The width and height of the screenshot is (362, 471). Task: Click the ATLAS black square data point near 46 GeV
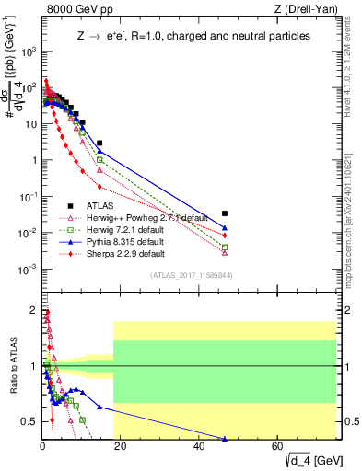pyautogui.click(x=225, y=213)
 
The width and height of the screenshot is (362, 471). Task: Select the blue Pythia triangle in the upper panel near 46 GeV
pyautogui.click(x=225, y=228)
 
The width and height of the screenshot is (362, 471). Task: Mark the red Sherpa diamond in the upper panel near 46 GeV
pyautogui.click(x=225, y=235)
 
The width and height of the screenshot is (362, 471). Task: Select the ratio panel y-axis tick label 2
pyautogui.click(x=34, y=310)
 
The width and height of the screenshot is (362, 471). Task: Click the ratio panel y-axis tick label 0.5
pyautogui.click(x=30, y=422)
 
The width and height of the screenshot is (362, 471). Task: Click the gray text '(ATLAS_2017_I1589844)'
pyautogui.click(x=189, y=275)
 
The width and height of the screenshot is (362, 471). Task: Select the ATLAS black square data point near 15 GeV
pyautogui.click(x=99, y=144)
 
